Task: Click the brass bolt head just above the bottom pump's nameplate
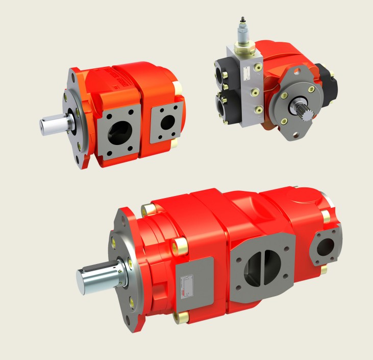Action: click(180, 247)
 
